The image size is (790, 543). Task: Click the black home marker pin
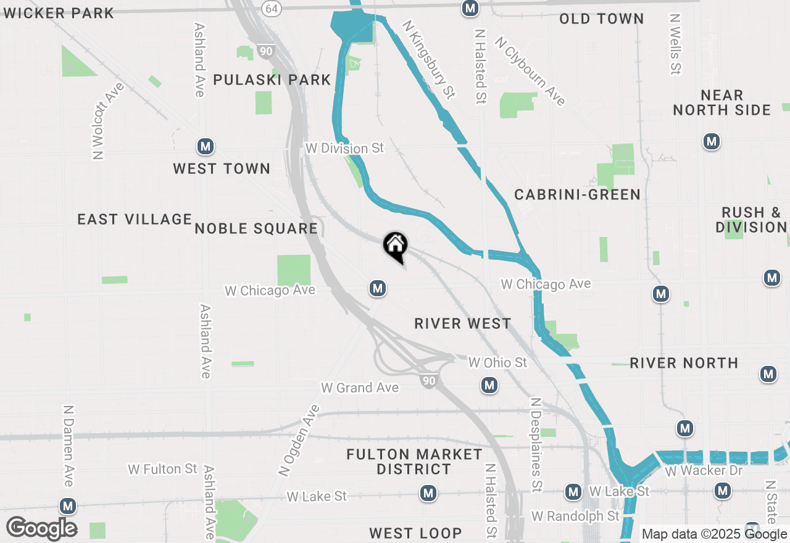pos(395,246)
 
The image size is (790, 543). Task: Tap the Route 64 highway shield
pos(270,8)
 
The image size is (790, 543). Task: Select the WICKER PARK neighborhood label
pos(59,13)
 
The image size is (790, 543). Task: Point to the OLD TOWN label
pos(601,19)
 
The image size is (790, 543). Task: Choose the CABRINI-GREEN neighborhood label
pos(577,195)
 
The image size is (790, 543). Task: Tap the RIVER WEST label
pos(463,323)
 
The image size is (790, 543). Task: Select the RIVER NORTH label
pos(684,363)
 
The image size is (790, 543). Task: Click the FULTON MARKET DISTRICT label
pos(414,462)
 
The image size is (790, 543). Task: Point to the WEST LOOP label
pos(415,533)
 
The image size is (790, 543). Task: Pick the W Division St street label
pos(344,149)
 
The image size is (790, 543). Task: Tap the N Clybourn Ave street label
pos(530,72)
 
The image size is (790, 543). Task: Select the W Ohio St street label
pos(497,362)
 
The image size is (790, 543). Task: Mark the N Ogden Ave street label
pos(299,441)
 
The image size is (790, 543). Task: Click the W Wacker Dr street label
pos(703,471)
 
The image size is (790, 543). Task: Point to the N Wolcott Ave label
pos(107,121)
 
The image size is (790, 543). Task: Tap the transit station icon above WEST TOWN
pos(206,147)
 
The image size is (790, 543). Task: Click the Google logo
pos(41,528)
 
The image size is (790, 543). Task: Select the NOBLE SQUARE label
pos(256,229)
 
